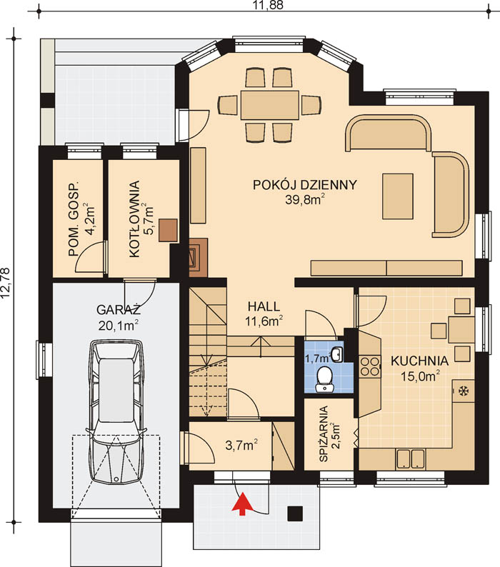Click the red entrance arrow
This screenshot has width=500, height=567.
[x=242, y=503]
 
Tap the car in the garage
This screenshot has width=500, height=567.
[x=116, y=411]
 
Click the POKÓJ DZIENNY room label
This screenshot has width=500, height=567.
[x=304, y=185]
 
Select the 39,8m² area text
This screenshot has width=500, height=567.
[x=304, y=199]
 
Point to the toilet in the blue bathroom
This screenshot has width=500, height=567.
[x=325, y=379]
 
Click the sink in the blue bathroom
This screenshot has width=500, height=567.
[x=337, y=354]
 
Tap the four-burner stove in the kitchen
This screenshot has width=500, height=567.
[x=369, y=366]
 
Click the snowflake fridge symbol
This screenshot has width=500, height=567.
[x=464, y=391]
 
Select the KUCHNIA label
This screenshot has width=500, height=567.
[x=419, y=361]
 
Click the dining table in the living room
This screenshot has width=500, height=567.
[x=269, y=105]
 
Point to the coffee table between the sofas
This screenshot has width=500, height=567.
[x=398, y=196]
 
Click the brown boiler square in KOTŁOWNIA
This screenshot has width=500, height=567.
[x=168, y=231]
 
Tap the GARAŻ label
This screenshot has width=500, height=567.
[x=119, y=310]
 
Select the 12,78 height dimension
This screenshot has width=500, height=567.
[x=5, y=283]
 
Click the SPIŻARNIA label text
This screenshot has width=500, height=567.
[x=324, y=433]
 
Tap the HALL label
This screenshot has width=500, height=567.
[x=264, y=306]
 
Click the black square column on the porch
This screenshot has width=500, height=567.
[x=295, y=513]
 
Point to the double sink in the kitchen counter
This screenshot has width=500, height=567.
[x=410, y=458]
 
